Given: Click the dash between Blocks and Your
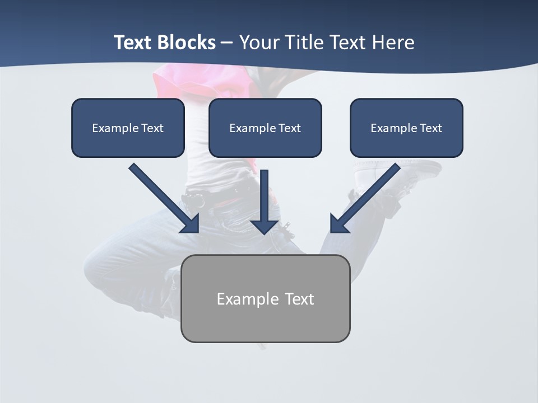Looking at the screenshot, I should pos(228,43).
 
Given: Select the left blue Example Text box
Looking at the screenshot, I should pos(128,128).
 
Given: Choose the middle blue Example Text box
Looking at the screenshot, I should pos(265,128).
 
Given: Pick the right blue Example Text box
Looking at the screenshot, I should pos(406,128).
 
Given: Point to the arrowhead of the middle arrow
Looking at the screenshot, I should pos(265,226).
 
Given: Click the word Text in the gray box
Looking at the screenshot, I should pos(299,299).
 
